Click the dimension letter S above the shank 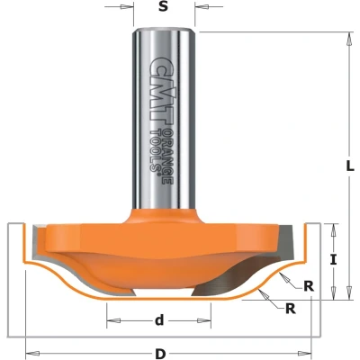tap(163, 7)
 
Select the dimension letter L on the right tap(348, 165)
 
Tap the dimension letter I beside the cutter tap(333, 260)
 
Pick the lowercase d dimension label tap(159, 320)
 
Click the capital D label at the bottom tap(161, 354)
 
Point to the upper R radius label tap(309, 286)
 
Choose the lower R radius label tap(291, 309)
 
